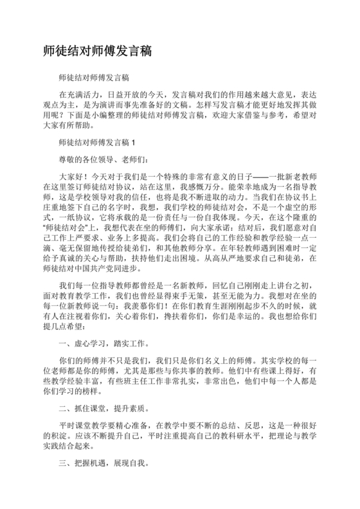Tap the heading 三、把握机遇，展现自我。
[102, 461]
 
